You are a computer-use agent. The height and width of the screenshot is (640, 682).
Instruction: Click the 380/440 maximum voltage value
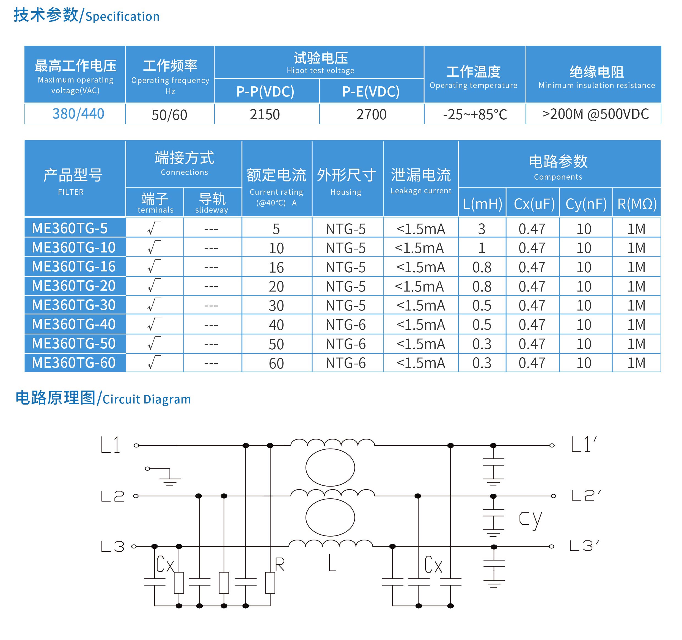pos(78,114)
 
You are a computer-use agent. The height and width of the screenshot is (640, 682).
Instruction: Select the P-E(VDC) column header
pos(371,92)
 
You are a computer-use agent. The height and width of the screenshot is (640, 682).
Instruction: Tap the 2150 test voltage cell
pos(265,114)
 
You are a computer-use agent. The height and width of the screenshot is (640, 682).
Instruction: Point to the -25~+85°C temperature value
pos(475,114)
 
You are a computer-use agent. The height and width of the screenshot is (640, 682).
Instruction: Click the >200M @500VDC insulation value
pos(595,114)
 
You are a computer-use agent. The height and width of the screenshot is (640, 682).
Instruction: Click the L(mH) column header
pos(482,204)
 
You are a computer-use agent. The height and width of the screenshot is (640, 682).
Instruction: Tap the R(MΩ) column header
pos(637,204)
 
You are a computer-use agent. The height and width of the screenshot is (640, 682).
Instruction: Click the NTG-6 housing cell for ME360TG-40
pos(345,325)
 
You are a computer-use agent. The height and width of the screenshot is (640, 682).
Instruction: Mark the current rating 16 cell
pos(276,267)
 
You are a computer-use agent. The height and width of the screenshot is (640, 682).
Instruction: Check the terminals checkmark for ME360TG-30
pos(154,305)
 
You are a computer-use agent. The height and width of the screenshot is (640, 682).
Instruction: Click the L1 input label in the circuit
pos(111,445)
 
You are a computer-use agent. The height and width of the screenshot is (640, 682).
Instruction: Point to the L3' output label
pos(584,546)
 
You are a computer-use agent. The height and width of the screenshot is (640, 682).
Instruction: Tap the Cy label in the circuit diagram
pos(530,519)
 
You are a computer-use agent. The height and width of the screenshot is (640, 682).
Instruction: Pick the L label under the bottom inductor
pos(332,564)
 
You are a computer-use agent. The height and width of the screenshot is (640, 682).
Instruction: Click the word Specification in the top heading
pos(122,17)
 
